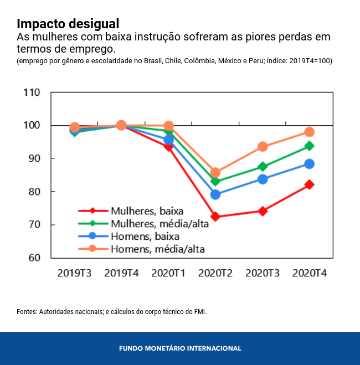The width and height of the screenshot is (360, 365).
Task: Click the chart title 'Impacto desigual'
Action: (68, 24)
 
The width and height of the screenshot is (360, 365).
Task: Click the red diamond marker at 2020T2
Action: (215, 217)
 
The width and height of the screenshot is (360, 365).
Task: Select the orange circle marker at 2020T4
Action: (309, 132)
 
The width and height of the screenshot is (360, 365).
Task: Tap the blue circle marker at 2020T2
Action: (215, 194)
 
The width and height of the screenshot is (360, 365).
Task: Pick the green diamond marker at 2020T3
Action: (263, 167)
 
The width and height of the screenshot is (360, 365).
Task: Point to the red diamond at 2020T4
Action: (309, 184)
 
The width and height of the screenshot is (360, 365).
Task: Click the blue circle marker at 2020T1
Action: (168, 140)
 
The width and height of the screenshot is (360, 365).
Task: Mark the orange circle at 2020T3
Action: (263, 147)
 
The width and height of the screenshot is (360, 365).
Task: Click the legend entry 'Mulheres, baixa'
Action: (147, 211)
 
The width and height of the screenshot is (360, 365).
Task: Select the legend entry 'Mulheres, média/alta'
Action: (160, 224)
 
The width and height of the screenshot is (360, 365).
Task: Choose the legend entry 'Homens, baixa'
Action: (145, 237)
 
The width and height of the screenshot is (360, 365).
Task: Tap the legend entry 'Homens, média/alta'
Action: (158, 249)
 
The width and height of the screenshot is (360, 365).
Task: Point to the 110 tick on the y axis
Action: (32, 92)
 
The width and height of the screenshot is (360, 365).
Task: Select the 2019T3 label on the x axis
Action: (74, 273)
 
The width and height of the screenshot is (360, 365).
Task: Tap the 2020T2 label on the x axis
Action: (215, 273)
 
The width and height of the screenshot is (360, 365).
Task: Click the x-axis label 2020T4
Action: (309, 273)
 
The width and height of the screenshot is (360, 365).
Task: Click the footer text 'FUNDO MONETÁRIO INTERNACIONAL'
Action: (180, 348)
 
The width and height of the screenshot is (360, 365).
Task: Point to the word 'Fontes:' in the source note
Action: (27, 312)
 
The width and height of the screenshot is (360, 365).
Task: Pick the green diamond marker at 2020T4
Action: (309, 146)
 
